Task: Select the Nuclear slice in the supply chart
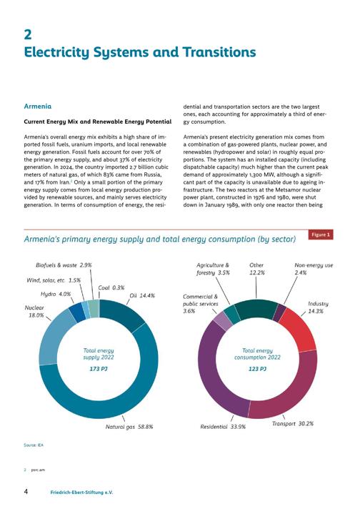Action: (54, 337)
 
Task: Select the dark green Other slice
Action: (256, 309)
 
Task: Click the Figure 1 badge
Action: (321, 234)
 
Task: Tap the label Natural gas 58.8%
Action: (129, 427)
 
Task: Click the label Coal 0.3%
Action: (111, 287)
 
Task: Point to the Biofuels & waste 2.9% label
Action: (64, 265)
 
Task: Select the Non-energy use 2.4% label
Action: (314, 269)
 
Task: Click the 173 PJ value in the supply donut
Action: (99, 369)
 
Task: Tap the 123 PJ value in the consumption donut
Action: (258, 369)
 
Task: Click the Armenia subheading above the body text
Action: (38, 107)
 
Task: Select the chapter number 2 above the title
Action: (28, 34)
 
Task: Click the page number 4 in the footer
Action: (26, 491)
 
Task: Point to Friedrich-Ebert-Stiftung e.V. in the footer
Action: (81, 492)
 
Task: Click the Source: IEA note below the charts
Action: (34, 445)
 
